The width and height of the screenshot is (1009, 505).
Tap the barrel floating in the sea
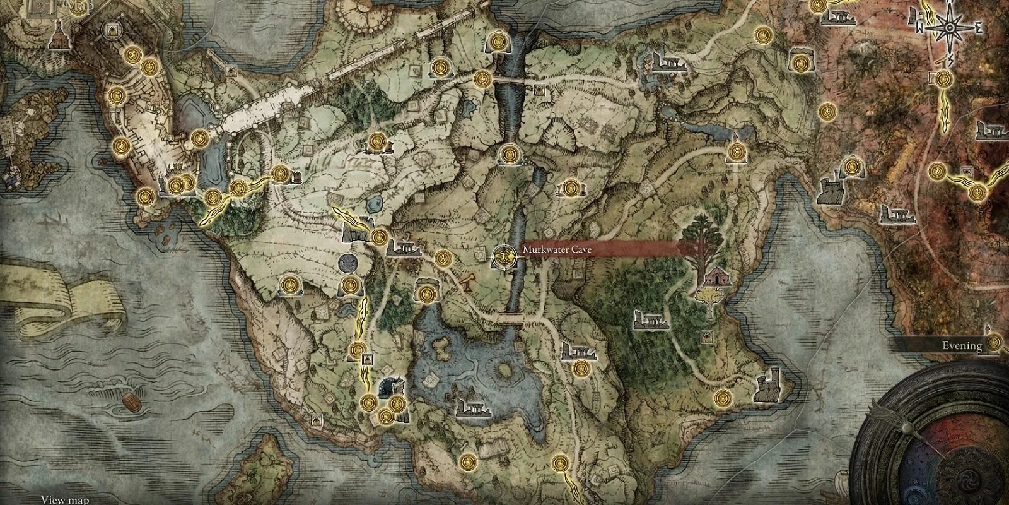coord(130,401)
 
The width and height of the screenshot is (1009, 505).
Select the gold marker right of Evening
coord(994,343)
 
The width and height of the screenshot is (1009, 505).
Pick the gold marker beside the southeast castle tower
coord(723,398)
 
